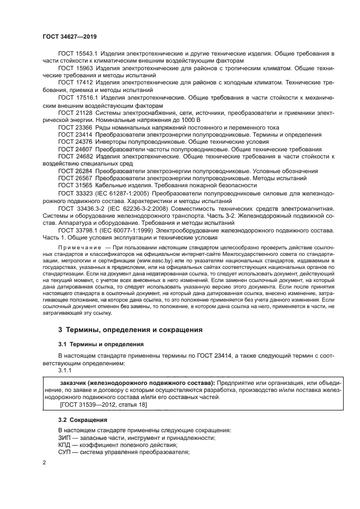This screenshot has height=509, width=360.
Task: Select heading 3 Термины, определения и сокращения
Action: coord(123,330)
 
